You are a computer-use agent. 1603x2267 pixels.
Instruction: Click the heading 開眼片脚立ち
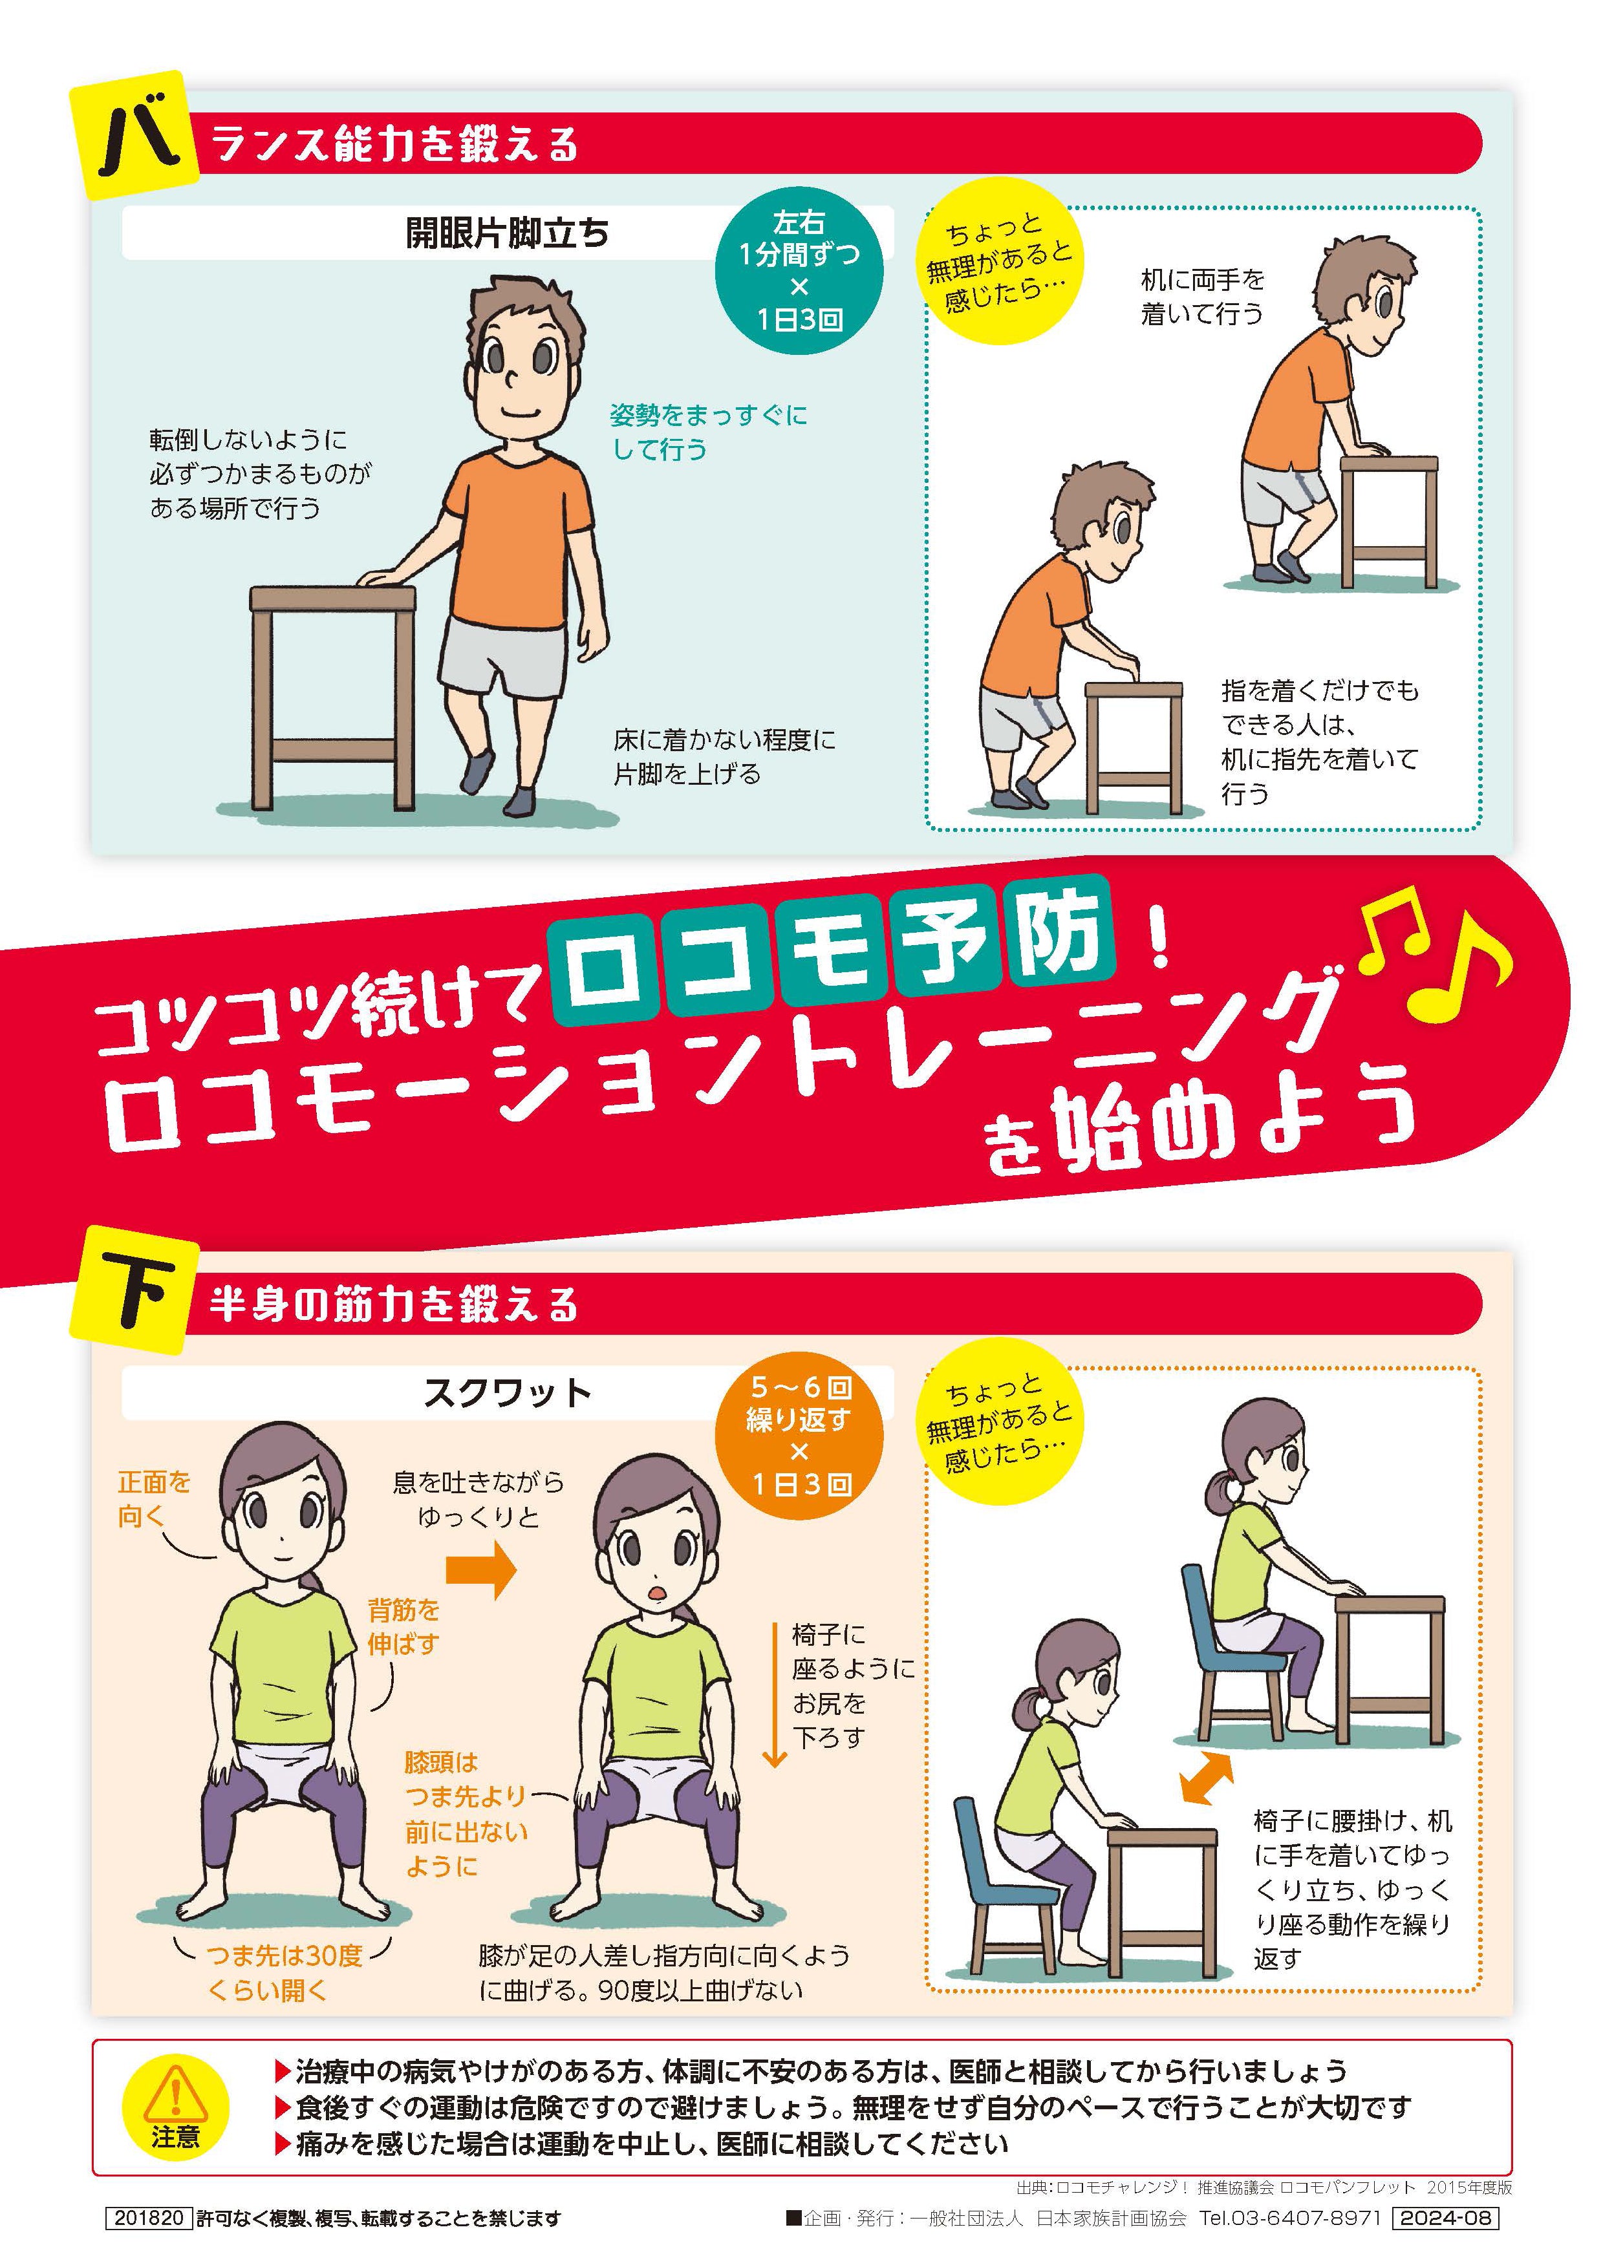click(x=507, y=233)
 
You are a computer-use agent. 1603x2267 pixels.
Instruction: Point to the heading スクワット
click(x=507, y=1393)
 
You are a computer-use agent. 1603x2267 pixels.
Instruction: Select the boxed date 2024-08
click(x=1445, y=2218)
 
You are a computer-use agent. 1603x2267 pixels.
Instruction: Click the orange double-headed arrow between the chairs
click(x=1207, y=1779)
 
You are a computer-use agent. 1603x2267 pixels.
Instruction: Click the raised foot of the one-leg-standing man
click(x=478, y=770)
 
